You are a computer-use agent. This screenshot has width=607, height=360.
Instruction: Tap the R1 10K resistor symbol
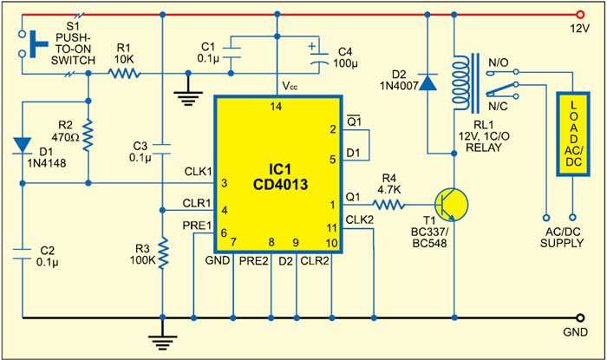pyautogui.click(x=124, y=75)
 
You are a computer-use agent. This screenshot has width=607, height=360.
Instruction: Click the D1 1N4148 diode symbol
pyautogui.click(x=21, y=143)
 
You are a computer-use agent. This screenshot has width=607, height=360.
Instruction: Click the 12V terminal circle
pyautogui.click(x=580, y=15)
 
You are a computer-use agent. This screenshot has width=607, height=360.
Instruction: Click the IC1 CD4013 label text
pyautogui.click(x=283, y=176)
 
